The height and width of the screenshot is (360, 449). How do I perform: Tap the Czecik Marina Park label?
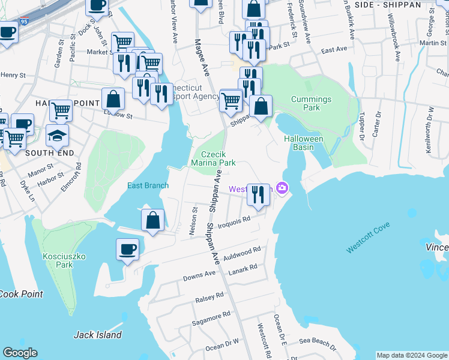pyautogui.click(x=212, y=158)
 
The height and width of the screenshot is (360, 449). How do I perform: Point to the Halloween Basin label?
pyautogui.click(x=303, y=143)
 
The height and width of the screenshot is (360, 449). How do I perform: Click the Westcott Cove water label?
pyautogui.click(x=367, y=236)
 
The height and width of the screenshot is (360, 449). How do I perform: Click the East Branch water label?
pyautogui.click(x=148, y=185)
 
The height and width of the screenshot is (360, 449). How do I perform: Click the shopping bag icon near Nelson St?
pyautogui.click(x=153, y=220)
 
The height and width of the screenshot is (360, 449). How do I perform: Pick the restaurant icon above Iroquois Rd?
pyautogui.click(x=258, y=195)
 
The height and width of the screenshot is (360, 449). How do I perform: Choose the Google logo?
pyautogui.click(x=20, y=353)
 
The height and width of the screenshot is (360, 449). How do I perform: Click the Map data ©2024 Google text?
pyautogui.click(x=411, y=355)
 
